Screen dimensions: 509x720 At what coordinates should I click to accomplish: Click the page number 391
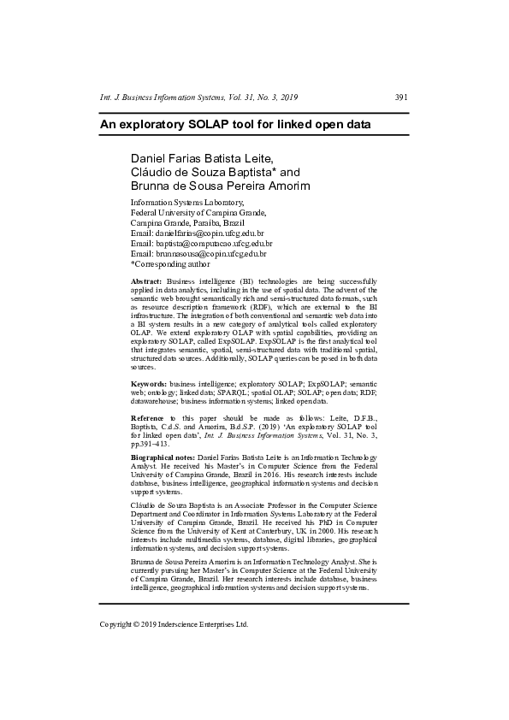400,98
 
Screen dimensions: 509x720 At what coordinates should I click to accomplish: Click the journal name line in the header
198,98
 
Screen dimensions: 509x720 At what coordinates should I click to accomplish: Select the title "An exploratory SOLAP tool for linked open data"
235,124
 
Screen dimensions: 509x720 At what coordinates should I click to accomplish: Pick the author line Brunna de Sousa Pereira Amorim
220,186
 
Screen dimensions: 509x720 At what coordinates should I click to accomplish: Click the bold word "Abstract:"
146,281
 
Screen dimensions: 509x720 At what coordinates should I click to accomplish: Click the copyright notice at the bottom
175,624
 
